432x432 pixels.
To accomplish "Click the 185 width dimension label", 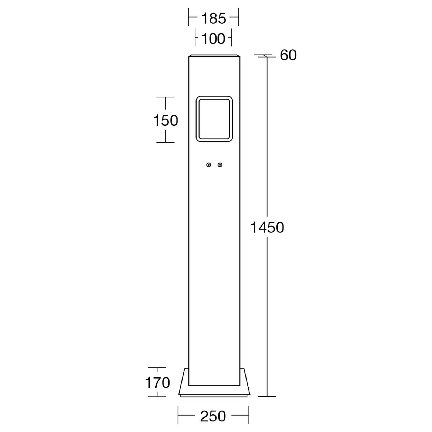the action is tap(214, 19).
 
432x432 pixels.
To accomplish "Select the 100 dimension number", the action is tap(213, 39).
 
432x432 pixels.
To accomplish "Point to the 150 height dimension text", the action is tap(166, 120).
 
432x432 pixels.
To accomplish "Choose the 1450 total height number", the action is tap(267, 227).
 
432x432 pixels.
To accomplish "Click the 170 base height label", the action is tap(157, 383).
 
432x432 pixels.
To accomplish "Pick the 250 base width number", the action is tap(213, 416).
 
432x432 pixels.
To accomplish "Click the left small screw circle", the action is tap(209, 165).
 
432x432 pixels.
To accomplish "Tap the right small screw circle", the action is tap(220, 165).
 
